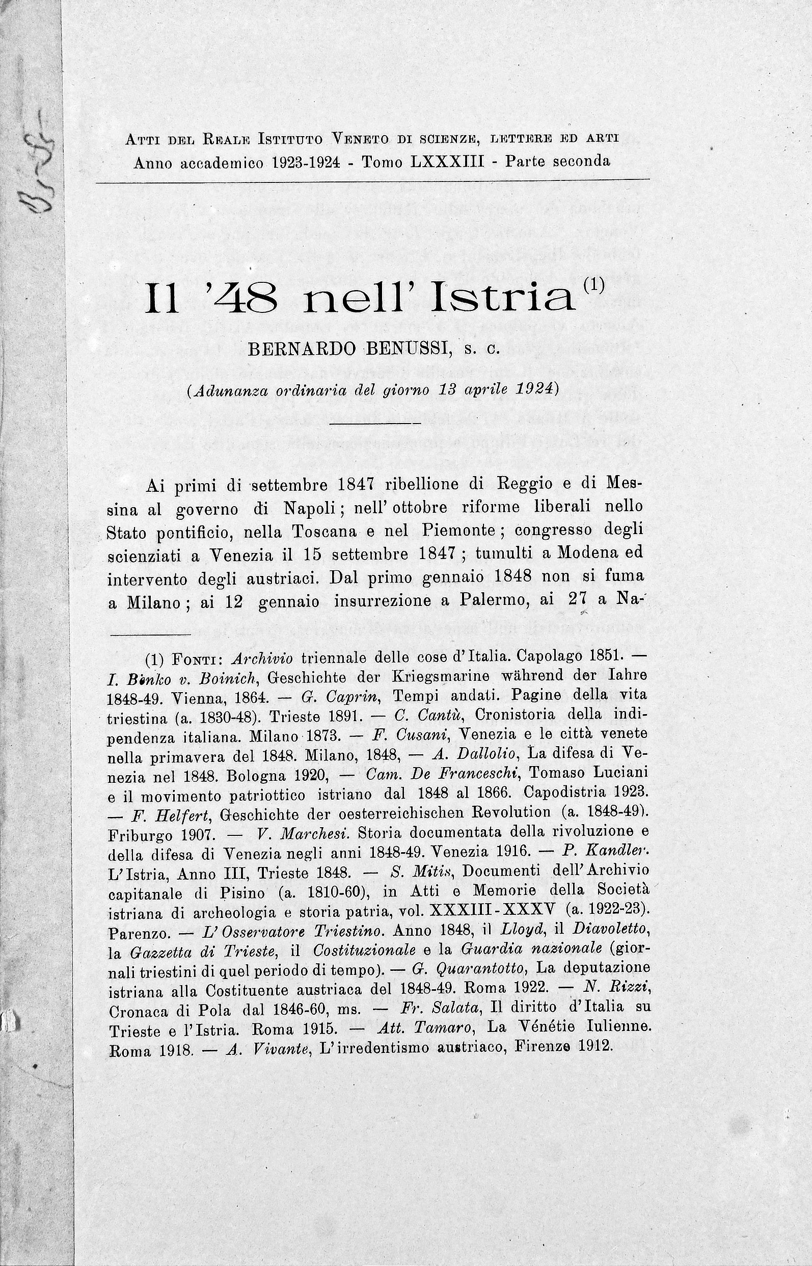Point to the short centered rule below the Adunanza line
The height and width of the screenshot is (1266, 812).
[x=375, y=423]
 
